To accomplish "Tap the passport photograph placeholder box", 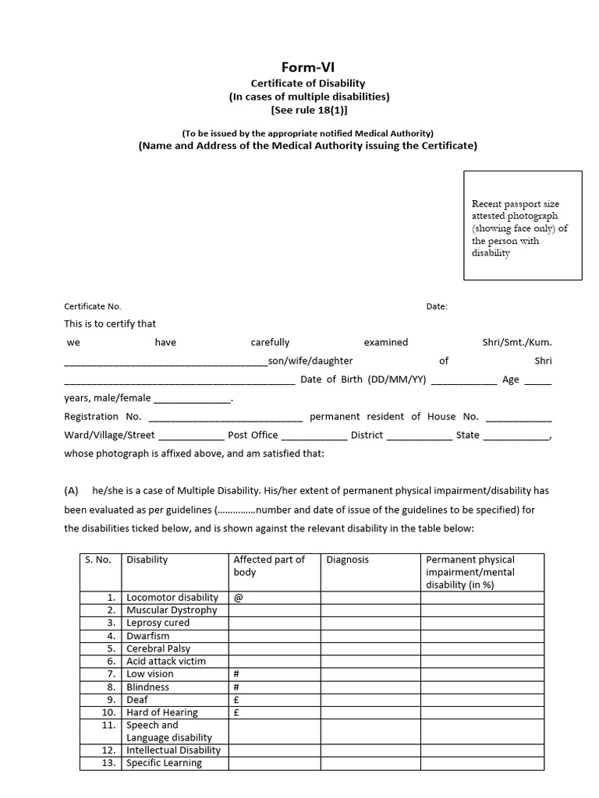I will pyautogui.click(x=522, y=225).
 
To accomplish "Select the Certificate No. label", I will pyautogui.click(x=93, y=307).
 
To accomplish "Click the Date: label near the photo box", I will pyautogui.click(x=437, y=307).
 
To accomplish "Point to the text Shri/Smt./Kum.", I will pyautogui.click(x=517, y=342).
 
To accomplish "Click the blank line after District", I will pyautogui.click(x=419, y=436).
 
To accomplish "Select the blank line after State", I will pyautogui.click(x=516, y=436).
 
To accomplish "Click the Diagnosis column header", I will pyautogui.click(x=348, y=560).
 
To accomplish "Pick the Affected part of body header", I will pyautogui.click(x=269, y=566).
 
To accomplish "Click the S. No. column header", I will pyautogui.click(x=98, y=560).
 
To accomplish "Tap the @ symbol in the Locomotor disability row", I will pyautogui.click(x=238, y=598).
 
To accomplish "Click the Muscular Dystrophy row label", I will pyautogui.click(x=172, y=610).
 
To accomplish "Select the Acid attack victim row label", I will pyautogui.click(x=166, y=661).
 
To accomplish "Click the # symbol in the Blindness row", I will pyautogui.click(x=236, y=687).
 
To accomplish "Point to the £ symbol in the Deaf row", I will pyautogui.click(x=236, y=700).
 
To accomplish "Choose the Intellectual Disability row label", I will pyautogui.click(x=173, y=750).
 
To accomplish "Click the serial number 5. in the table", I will pyautogui.click(x=112, y=648).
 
